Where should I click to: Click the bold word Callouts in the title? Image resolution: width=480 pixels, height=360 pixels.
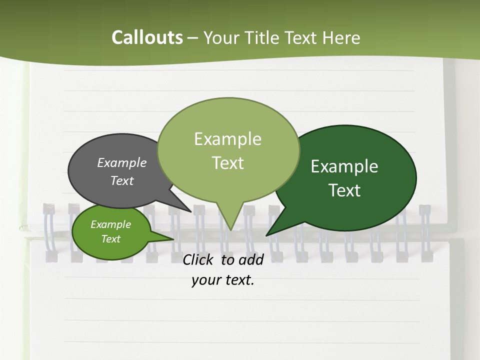point(147,37)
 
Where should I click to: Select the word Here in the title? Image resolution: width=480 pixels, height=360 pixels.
point(342,37)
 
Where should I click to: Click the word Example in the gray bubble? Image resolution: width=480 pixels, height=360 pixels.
point(122,163)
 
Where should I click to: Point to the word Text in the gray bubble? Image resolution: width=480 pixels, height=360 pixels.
point(122,180)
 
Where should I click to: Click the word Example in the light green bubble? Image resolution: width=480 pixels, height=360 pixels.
point(227,139)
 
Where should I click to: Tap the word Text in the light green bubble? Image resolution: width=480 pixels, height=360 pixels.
point(227,163)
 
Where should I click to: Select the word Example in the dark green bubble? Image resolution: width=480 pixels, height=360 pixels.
point(344,166)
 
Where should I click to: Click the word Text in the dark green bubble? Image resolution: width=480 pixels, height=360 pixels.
point(344,190)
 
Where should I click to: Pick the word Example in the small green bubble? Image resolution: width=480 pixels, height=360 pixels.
point(110,224)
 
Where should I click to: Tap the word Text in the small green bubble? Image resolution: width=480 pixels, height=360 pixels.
point(110,239)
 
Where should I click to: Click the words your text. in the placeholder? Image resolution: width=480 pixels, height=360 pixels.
point(223,280)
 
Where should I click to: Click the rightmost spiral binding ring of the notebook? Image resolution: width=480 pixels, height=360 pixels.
point(425,232)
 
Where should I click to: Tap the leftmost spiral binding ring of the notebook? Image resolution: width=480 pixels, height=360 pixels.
point(49,232)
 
